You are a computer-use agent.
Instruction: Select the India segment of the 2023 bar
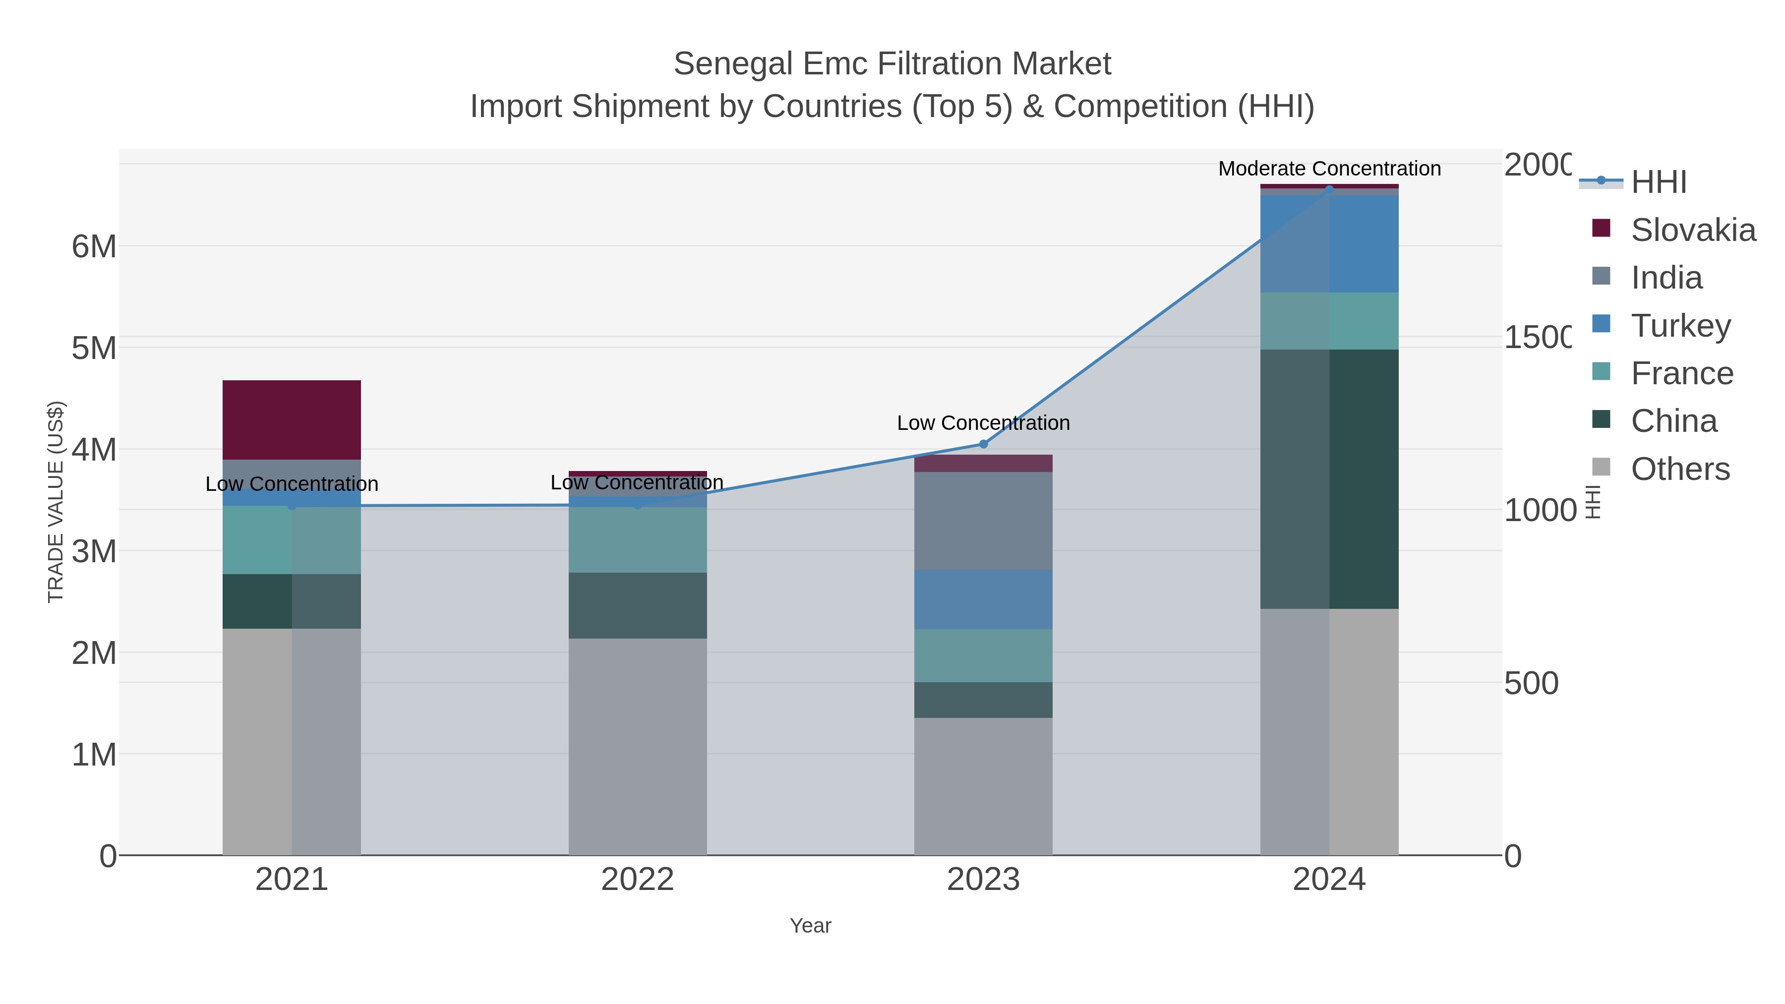(x=983, y=521)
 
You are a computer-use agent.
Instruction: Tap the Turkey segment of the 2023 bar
(x=983, y=599)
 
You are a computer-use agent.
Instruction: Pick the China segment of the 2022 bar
(x=638, y=605)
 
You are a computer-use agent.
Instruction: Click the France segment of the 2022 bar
(x=638, y=540)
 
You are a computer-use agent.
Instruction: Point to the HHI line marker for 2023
(x=983, y=444)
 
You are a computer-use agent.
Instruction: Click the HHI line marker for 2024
(x=1329, y=189)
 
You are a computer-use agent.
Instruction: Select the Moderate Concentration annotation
(x=1329, y=169)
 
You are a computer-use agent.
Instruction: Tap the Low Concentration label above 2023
(x=983, y=422)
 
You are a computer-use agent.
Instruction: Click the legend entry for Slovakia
(x=1692, y=230)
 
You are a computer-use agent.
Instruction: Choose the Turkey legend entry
(x=1680, y=326)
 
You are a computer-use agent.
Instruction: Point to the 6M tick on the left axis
(x=94, y=247)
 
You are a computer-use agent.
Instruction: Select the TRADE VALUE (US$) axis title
(x=56, y=502)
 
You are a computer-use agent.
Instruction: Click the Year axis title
(x=810, y=926)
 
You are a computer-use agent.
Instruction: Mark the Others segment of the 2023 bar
(x=983, y=786)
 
